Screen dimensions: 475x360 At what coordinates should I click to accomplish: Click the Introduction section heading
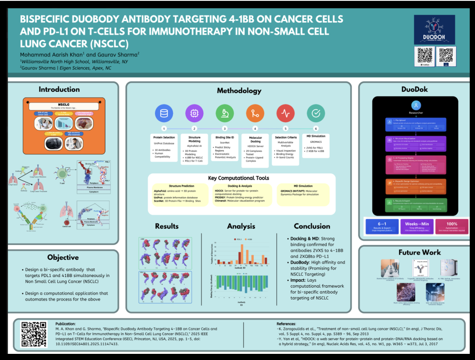tap(59, 90)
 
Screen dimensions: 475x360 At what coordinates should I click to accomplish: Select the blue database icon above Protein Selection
tap(164, 113)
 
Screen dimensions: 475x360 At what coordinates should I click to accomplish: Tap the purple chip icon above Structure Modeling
tap(194, 113)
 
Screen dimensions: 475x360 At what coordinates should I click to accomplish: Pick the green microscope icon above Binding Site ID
tap(225, 113)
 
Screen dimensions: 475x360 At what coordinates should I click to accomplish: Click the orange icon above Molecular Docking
tap(255, 113)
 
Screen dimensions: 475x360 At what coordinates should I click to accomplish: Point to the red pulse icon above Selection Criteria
tap(285, 113)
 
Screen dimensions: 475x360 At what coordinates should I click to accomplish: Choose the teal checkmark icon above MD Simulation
tap(316, 113)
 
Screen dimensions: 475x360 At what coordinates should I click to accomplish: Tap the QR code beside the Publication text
tap(34, 334)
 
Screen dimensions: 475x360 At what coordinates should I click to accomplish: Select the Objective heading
tap(63, 257)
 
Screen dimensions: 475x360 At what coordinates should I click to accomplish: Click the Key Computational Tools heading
tap(239, 178)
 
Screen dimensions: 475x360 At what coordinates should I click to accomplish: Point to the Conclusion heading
tap(312, 227)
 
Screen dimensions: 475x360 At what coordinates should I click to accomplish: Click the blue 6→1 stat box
tap(381, 226)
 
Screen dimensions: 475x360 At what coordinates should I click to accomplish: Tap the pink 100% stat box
tap(451, 226)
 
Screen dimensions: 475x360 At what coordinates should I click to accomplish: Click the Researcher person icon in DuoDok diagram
tap(416, 105)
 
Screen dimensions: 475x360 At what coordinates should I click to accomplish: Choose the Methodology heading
tap(239, 91)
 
